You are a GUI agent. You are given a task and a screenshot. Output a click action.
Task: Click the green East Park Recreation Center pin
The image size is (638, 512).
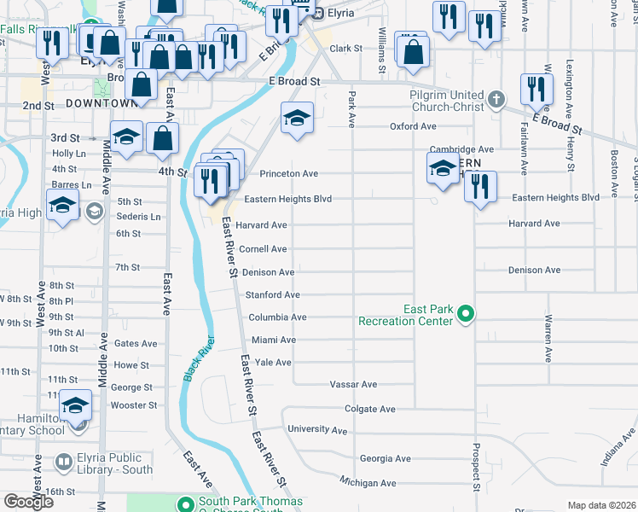click(x=465, y=315)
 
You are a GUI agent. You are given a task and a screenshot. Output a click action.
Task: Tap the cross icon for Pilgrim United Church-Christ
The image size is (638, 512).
click(x=496, y=101)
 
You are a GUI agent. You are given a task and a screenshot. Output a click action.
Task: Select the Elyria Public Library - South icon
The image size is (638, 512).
click(x=64, y=463)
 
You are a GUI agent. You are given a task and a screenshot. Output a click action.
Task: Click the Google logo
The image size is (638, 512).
click(x=28, y=501)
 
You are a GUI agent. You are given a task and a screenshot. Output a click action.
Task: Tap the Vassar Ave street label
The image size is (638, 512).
click(x=353, y=385)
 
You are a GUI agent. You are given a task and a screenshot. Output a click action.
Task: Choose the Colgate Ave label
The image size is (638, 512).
click(x=370, y=409)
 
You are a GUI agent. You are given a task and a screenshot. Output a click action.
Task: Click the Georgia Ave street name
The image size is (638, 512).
click(x=386, y=458)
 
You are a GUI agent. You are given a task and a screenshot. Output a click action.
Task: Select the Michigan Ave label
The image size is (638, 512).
click(x=368, y=483)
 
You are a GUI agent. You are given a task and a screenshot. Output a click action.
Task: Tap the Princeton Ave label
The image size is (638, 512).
click(x=288, y=173)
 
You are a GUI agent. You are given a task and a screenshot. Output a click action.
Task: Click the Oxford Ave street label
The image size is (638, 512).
click(x=413, y=126)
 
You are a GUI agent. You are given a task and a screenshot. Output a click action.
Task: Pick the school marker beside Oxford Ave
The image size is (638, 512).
click(x=297, y=118)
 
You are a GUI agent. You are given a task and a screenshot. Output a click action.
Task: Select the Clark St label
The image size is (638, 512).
click(x=346, y=49)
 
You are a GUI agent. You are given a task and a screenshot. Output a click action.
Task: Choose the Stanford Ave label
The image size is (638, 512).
click(x=273, y=294)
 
